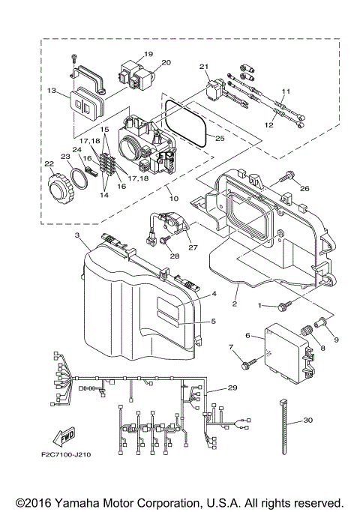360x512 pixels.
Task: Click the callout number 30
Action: (x=309, y=421)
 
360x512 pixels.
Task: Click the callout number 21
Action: (x=202, y=67)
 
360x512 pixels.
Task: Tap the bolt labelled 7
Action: (x=245, y=365)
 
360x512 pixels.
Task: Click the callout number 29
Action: (x=232, y=388)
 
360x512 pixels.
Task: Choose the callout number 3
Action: (x=77, y=235)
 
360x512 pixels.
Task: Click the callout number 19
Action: (x=148, y=54)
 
